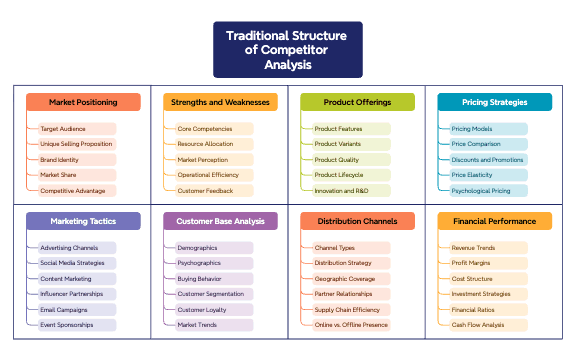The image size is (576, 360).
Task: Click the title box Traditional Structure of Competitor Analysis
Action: (288, 50)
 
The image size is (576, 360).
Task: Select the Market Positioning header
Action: (83, 102)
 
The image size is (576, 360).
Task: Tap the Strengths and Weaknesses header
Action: (220, 102)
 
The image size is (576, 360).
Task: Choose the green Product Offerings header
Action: (357, 102)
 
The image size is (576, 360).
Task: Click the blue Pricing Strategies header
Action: (494, 102)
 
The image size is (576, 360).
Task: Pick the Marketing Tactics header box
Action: (83, 221)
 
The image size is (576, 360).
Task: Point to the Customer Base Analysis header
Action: (220, 221)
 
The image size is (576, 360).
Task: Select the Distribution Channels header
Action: (357, 221)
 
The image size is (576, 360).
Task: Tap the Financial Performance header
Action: (494, 221)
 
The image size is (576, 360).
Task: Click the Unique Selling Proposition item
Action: (76, 144)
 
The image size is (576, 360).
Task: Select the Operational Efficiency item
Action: (209, 175)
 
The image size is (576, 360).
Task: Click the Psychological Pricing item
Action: (481, 190)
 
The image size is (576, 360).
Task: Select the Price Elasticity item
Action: (472, 175)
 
